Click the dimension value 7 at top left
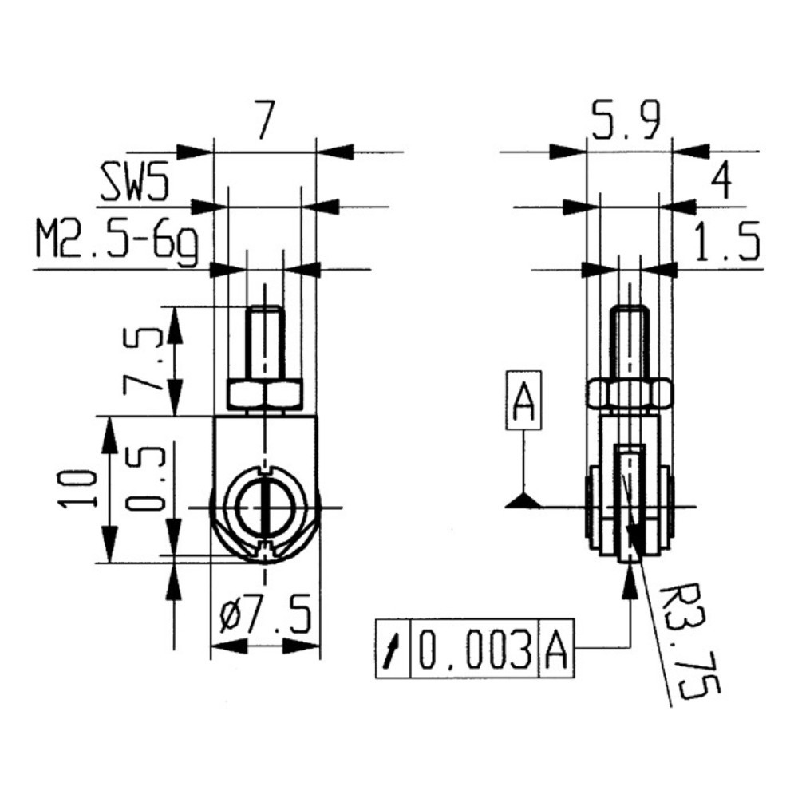tap(265, 120)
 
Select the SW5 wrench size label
tap(133, 182)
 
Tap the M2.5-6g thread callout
tap(117, 243)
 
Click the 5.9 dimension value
tap(627, 120)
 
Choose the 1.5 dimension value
tap(726, 242)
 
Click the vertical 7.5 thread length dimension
tap(143, 361)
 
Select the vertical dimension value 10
tap(77, 489)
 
